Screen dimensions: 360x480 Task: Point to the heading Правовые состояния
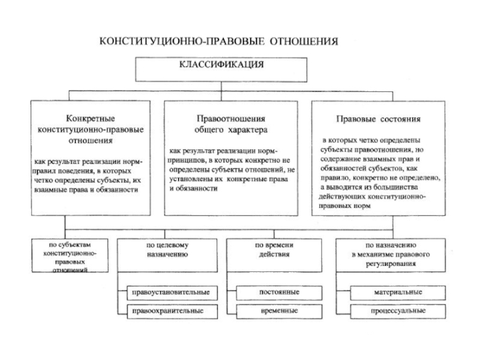[379, 119]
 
